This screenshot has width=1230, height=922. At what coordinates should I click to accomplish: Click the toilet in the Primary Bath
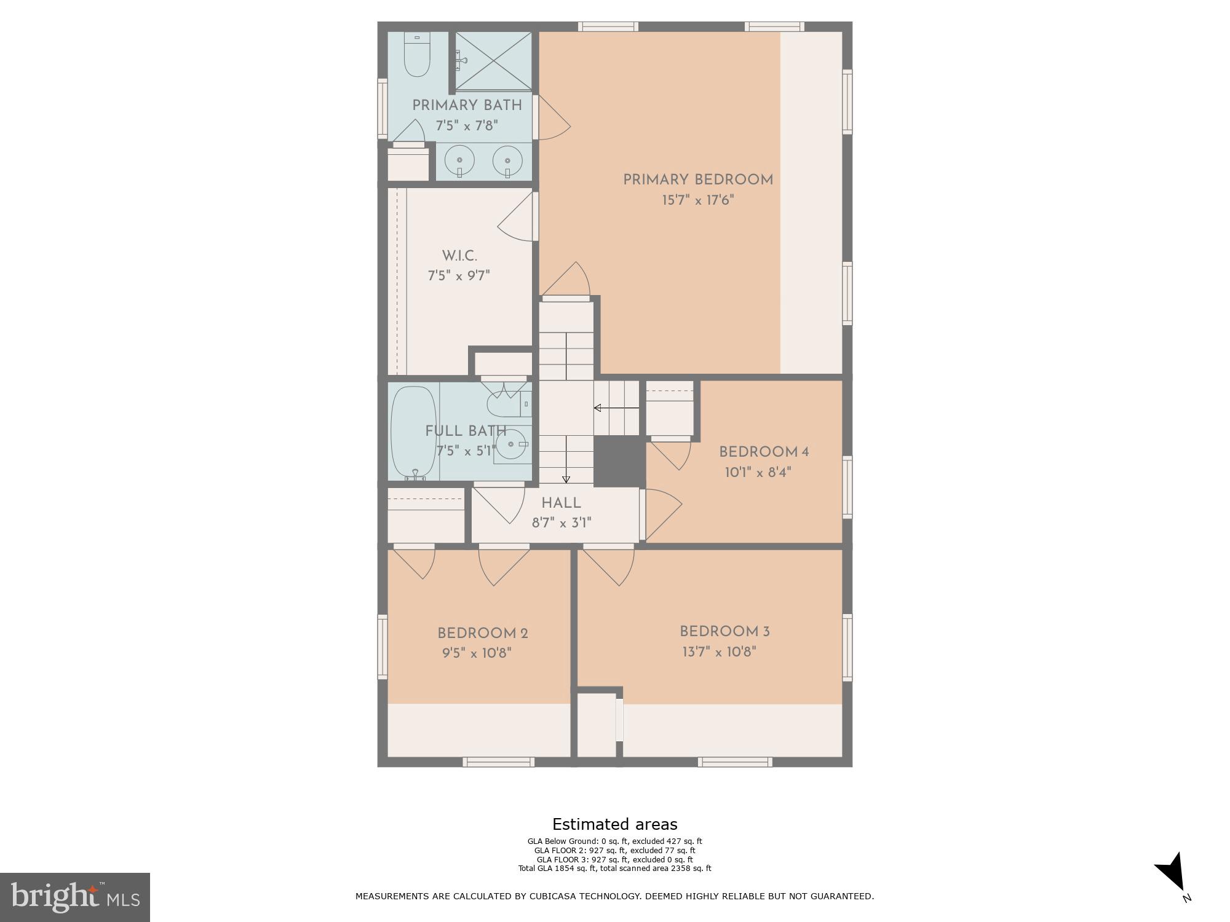click(417, 57)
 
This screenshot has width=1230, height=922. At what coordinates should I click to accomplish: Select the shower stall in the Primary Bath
click(494, 61)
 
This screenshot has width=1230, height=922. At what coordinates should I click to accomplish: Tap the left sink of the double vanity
click(459, 162)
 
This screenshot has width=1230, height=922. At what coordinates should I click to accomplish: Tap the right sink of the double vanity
click(507, 162)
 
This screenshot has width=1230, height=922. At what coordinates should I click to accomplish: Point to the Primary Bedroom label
click(698, 180)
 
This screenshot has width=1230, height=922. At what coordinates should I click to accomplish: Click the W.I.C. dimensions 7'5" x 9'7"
click(459, 276)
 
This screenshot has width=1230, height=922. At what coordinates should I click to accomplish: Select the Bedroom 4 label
click(764, 452)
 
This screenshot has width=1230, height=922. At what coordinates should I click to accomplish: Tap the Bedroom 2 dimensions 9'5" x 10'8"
click(477, 653)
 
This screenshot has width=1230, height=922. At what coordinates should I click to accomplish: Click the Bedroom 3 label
click(724, 632)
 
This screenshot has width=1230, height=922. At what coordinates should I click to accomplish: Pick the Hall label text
click(561, 503)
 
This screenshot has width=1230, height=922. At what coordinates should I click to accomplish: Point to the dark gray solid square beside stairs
click(619, 462)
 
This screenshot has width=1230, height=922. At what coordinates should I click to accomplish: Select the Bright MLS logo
click(74, 897)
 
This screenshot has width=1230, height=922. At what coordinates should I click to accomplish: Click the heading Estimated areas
click(614, 824)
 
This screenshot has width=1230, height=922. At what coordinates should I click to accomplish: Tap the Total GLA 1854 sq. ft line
click(614, 869)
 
